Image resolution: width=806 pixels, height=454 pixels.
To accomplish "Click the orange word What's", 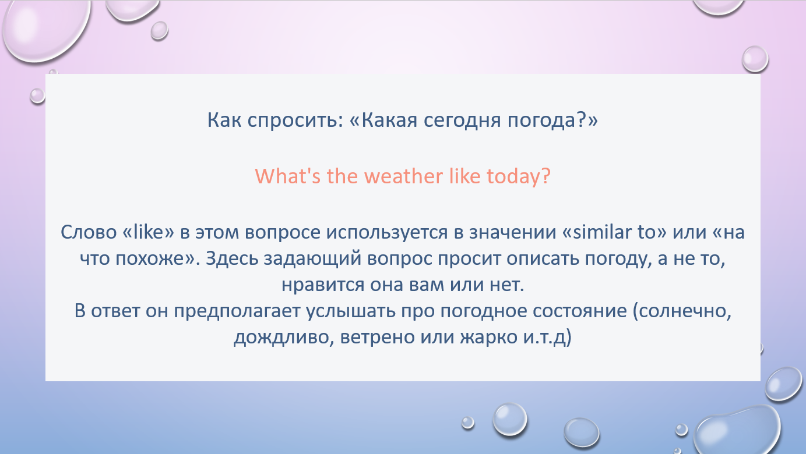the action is [287, 176].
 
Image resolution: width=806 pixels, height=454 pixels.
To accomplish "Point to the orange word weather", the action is [403, 176].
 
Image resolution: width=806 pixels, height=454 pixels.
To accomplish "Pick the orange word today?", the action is [519, 177].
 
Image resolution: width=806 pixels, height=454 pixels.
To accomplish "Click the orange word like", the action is [464, 176].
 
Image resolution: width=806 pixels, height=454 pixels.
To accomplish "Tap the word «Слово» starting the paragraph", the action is [89, 232].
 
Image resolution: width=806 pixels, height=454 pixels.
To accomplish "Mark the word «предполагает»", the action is [237, 311].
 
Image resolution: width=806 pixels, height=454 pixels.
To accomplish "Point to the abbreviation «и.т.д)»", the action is [547, 338].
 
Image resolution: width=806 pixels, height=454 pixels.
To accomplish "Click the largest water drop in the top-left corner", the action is [46, 28].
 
